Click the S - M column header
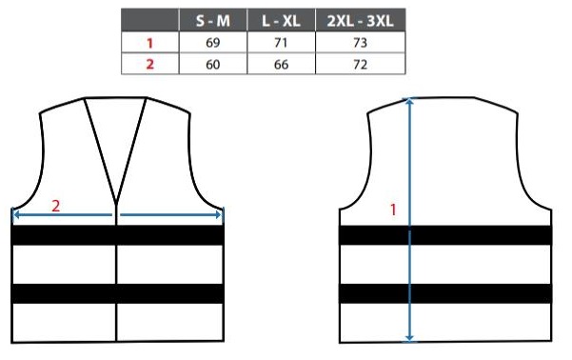(x=213, y=20)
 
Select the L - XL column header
(x=281, y=20)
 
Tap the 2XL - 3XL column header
(x=360, y=20)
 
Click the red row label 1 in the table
(x=149, y=43)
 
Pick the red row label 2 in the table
(x=149, y=64)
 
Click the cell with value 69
(x=213, y=42)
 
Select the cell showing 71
(x=281, y=42)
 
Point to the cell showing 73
(x=360, y=42)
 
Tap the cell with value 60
(x=213, y=64)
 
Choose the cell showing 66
(x=281, y=64)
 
